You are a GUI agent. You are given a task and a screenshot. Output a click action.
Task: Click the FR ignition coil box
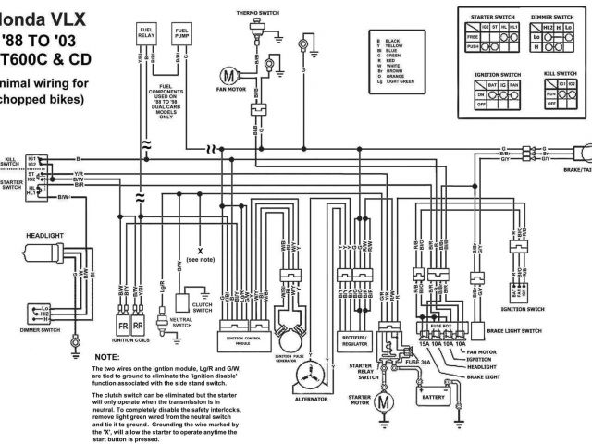tap(121, 326)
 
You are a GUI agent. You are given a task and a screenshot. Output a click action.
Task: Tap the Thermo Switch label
tap(256, 13)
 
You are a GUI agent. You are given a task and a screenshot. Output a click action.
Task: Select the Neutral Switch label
tap(181, 322)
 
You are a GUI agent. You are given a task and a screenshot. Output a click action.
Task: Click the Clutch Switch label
tap(203, 304)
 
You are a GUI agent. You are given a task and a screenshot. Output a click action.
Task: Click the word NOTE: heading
tap(107, 356)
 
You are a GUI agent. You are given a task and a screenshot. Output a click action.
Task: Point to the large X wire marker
tap(199, 250)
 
